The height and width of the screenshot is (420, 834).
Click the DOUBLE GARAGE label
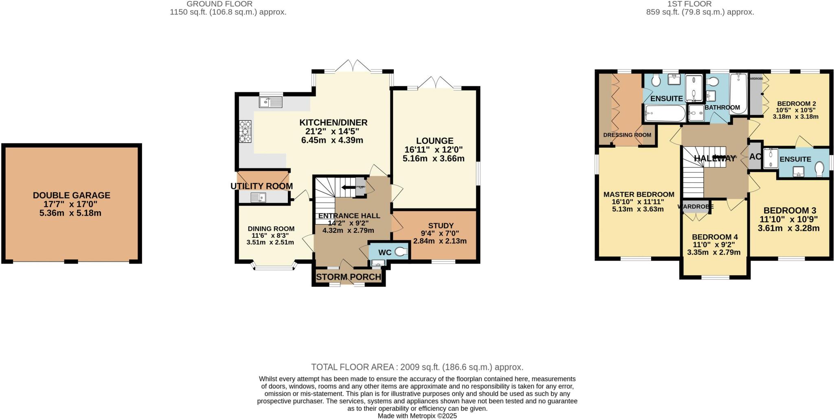coord(71,195)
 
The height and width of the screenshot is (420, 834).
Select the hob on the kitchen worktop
coord(245,131)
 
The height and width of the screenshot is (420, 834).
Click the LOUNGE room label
coord(434,141)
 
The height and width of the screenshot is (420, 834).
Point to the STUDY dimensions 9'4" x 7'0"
coord(440,233)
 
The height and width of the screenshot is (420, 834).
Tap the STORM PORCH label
coord(349,277)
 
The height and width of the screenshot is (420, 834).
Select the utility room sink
coord(258,198)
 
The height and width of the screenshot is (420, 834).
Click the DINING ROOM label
coord(271,229)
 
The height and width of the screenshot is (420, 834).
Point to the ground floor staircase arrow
coord(348,188)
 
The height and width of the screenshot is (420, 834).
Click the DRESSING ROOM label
coord(627,135)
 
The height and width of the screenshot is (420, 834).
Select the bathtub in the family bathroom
coord(738,93)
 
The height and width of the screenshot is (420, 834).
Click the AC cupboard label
coord(755,157)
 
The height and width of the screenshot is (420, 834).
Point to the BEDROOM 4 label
coord(714,237)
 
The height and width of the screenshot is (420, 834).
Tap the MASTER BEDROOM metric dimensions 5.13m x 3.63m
coord(638,209)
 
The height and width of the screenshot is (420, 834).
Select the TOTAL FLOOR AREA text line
coord(417,367)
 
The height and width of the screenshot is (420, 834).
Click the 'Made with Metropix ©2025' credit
coord(417,416)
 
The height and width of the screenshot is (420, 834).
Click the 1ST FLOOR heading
coord(700,4)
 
